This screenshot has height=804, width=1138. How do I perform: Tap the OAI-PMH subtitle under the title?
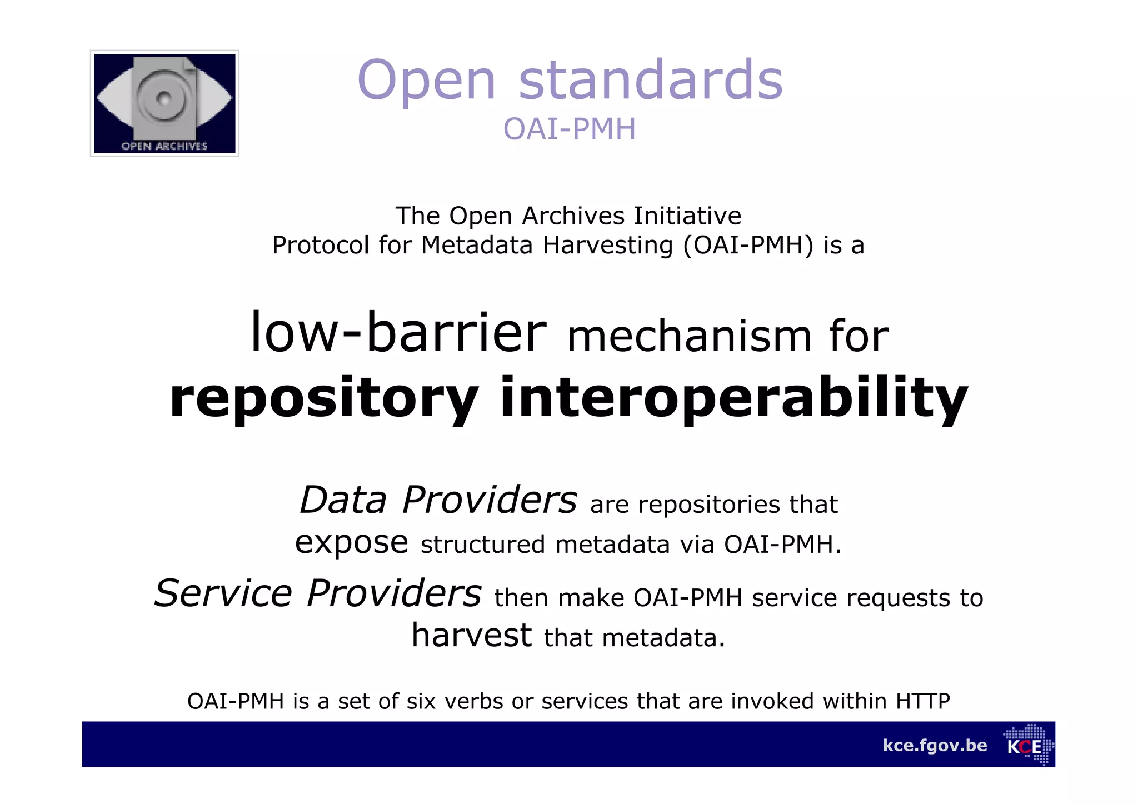point(569,129)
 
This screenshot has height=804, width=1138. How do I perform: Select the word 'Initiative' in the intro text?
point(687,216)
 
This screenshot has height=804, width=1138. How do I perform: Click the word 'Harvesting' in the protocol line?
point(608,245)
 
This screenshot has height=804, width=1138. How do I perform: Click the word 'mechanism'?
point(689,337)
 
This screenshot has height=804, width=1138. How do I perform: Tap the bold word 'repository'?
point(323,398)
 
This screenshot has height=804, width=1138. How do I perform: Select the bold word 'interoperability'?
point(733,398)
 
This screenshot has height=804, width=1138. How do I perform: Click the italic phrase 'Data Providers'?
point(438,500)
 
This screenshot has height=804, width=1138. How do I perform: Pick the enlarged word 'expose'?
point(351,542)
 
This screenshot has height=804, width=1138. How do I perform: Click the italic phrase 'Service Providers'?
point(317,593)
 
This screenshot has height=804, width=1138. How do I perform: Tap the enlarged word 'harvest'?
point(471,636)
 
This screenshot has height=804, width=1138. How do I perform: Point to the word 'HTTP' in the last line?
point(922,701)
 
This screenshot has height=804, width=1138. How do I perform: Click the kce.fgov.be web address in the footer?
point(935,745)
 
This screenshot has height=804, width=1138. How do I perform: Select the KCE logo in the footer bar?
point(1028,745)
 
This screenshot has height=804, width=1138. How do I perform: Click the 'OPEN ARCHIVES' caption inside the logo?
point(164,146)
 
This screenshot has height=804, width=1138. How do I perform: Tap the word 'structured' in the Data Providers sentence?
point(482,545)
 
